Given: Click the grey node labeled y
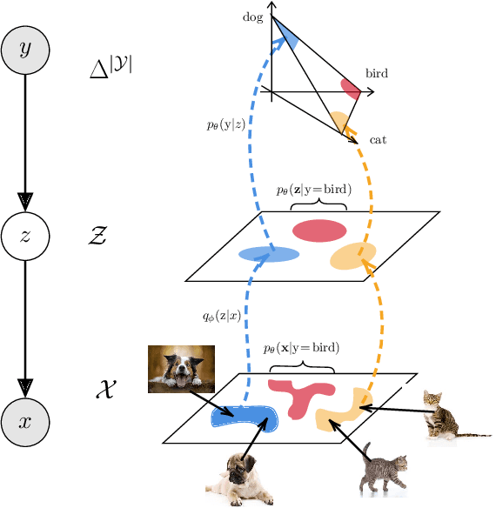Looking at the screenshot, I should (x=25, y=51).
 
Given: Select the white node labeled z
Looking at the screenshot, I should (x=25, y=235).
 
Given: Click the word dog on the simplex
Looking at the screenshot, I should (x=252, y=17).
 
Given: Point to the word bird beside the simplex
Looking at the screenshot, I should (x=377, y=74).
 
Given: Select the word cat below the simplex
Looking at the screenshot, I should (x=378, y=139).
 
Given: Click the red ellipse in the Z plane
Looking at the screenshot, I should (x=318, y=231).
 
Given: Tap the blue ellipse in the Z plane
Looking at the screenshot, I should (x=269, y=254).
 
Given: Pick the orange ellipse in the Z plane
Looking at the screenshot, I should (x=352, y=257).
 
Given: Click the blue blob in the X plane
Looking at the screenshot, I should (x=243, y=418).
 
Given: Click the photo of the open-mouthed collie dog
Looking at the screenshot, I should (x=181, y=369).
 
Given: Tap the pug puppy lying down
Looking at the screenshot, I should (x=240, y=480).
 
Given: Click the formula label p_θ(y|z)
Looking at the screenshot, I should (x=225, y=125).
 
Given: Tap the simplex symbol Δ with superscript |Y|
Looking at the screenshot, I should (x=111, y=66).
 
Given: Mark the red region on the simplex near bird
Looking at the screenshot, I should (x=351, y=88).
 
